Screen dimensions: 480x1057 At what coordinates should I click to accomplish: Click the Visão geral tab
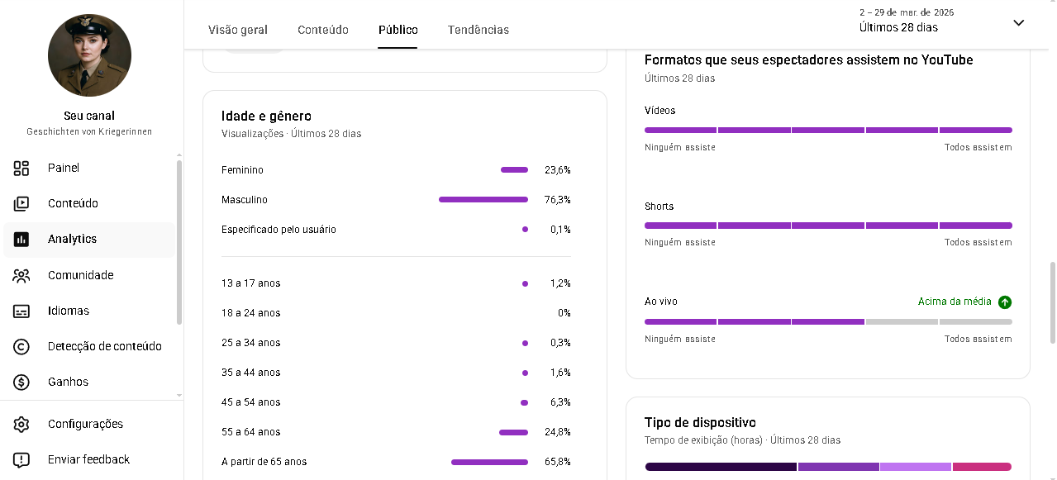point(238,30)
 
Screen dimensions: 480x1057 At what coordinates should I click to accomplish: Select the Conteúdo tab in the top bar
point(323,30)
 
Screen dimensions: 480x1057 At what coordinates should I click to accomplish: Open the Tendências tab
point(479,30)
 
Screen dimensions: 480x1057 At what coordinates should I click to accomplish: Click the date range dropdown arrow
point(1019,23)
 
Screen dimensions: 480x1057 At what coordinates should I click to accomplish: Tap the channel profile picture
point(89,55)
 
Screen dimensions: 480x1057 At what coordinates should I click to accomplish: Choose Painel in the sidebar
point(64,168)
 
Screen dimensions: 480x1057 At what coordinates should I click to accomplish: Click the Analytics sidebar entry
point(72,239)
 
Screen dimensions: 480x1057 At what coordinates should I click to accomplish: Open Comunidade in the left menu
point(80,275)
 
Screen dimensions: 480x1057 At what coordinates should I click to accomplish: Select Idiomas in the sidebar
point(69,311)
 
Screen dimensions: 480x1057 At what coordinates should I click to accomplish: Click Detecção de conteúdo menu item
point(104,346)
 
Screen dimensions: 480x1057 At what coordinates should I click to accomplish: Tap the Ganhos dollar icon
point(21,382)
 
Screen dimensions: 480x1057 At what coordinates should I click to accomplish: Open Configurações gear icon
point(21,424)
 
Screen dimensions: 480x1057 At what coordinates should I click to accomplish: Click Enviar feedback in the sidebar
point(88,459)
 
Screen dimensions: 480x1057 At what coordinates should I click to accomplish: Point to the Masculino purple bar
point(483,199)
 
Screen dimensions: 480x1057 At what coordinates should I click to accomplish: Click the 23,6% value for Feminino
point(557,170)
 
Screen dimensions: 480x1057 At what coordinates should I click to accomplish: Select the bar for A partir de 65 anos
point(489,462)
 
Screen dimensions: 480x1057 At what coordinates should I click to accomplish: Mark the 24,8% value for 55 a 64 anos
point(557,432)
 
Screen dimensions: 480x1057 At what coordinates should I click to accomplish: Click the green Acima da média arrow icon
point(1005,302)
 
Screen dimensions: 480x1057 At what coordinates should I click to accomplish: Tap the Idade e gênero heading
point(266,116)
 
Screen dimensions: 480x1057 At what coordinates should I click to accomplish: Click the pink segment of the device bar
point(982,467)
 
